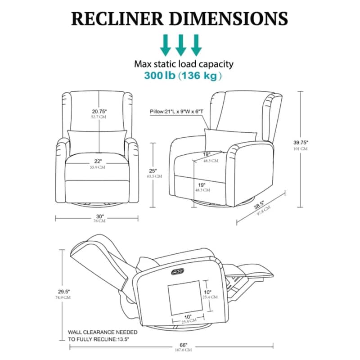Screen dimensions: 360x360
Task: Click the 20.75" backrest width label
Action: point(99,112)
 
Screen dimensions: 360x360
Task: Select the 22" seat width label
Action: point(99,161)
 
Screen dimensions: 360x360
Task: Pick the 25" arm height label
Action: point(154,171)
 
